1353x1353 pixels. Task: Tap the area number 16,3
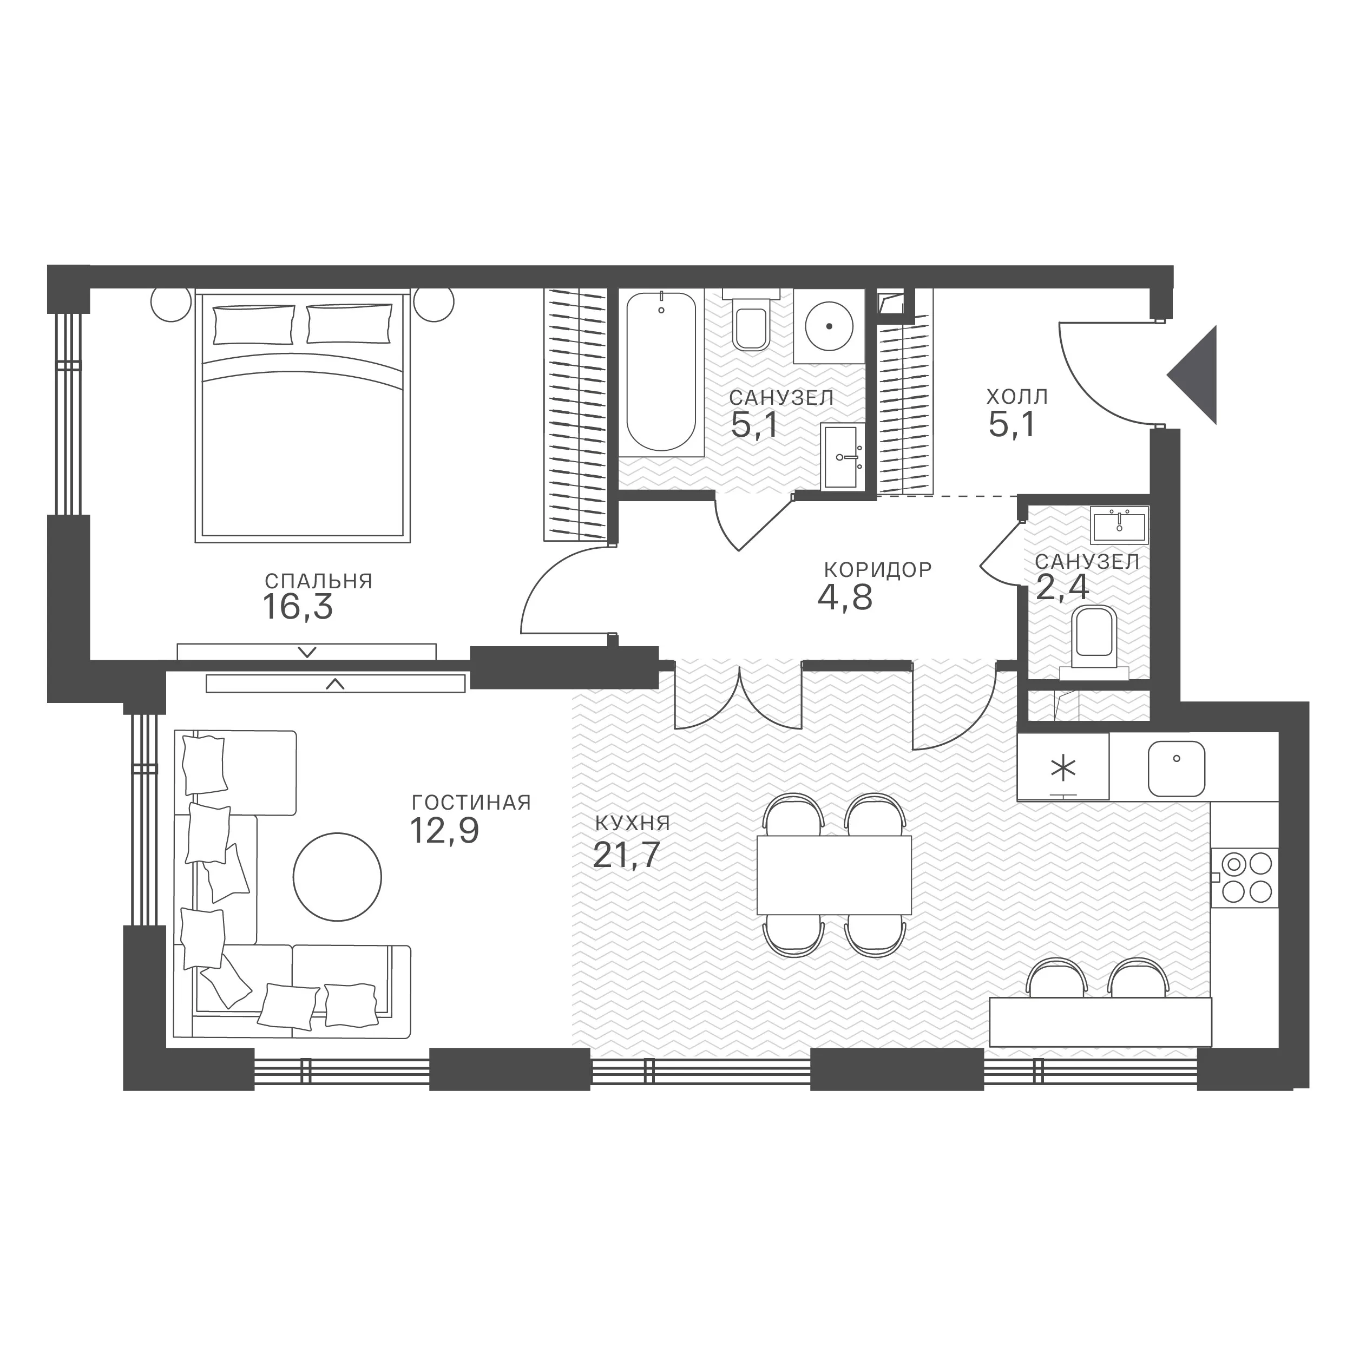[298, 607]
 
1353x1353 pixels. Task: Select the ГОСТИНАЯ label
[471, 803]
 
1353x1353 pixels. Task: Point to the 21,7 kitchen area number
[626, 855]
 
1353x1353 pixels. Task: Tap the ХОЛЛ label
[1017, 397]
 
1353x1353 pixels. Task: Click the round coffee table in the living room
[338, 876]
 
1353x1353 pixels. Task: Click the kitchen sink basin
[1177, 769]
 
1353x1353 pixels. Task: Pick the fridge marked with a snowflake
[1063, 766]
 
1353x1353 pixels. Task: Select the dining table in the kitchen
[834, 874]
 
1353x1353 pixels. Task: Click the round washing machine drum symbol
[829, 326]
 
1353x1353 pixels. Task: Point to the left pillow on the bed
[253, 324]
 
